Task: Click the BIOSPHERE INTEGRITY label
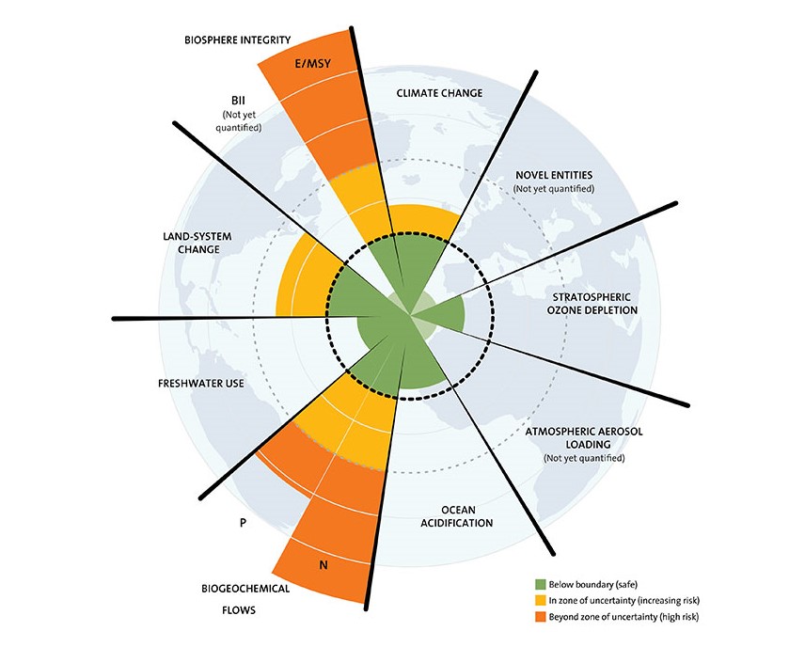point(238,39)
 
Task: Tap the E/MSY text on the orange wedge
point(312,64)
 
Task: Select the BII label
point(238,101)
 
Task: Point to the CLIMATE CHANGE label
point(439,93)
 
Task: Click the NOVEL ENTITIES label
point(554,175)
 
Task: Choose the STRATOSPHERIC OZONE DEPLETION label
point(592,304)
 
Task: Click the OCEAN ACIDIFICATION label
point(456,516)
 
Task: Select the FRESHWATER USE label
point(200,384)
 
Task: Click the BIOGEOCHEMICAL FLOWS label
point(245,599)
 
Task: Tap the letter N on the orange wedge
point(323,565)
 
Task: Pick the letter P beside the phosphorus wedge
point(243,523)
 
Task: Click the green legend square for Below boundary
point(541,584)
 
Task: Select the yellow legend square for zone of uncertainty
point(541,600)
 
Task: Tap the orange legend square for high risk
point(541,616)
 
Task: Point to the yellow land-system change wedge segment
point(302,282)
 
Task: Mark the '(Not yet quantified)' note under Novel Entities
point(554,189)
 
